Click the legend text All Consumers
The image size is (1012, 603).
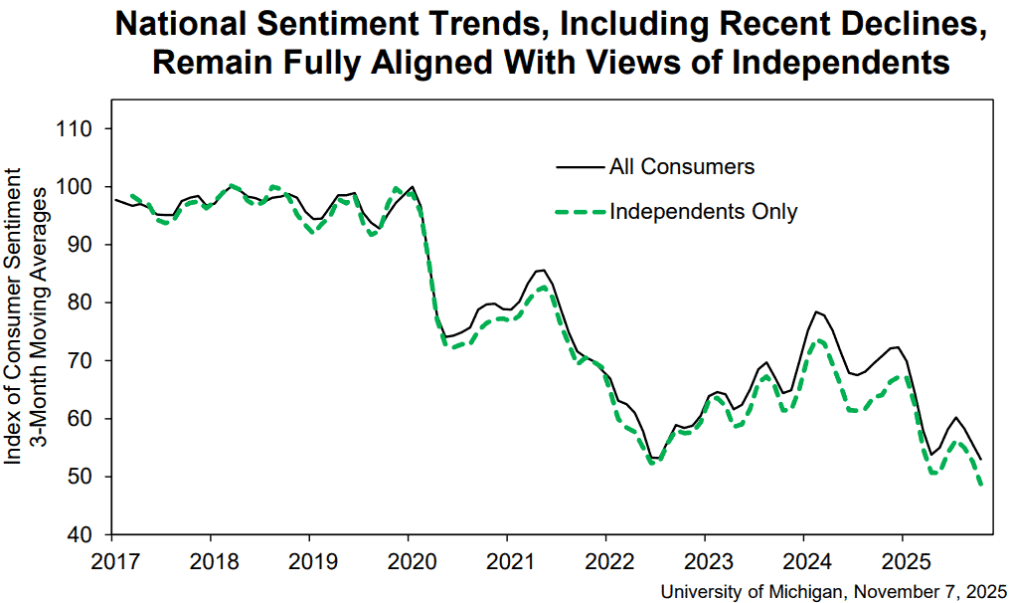point(682,167)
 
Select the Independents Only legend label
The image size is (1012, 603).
point(704,211)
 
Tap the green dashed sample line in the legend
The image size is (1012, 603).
point(581,211)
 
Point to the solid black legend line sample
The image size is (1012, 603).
point(581,167)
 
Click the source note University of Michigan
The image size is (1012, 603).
point(752,591)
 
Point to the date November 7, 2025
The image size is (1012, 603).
point(930,591)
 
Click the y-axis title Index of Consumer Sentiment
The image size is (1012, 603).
point(13,316)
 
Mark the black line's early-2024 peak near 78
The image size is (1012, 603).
point(816,311)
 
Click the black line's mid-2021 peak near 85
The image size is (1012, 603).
point(544,270)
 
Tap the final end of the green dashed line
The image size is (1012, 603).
point(981,485)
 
